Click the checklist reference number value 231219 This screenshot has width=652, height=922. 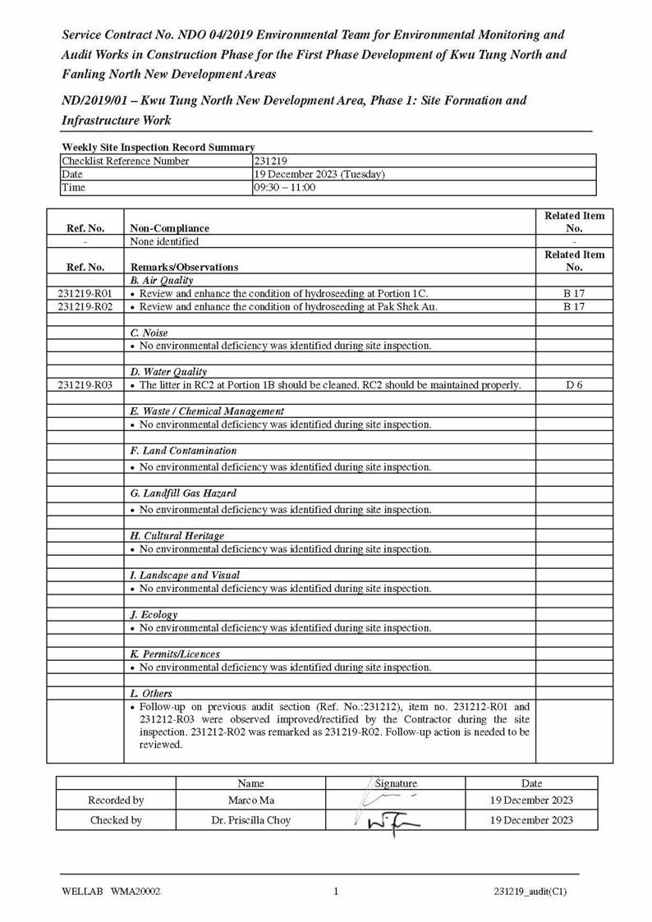(x=270, y=162)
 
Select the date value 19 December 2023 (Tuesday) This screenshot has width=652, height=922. (x=319, y=175)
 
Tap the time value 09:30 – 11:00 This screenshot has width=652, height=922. (x=285, y=188)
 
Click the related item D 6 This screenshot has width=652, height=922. (x=574, y=385)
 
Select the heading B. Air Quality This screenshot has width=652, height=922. (x=162, y=281)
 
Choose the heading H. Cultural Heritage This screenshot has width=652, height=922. (x=177, y=536)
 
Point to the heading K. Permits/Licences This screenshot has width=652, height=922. (x=175, y=654)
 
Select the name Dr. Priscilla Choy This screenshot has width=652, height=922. (x=250, y=820)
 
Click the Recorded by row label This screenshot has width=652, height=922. (x=116, y=800)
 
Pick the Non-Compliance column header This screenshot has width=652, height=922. (x=170, y=228)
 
